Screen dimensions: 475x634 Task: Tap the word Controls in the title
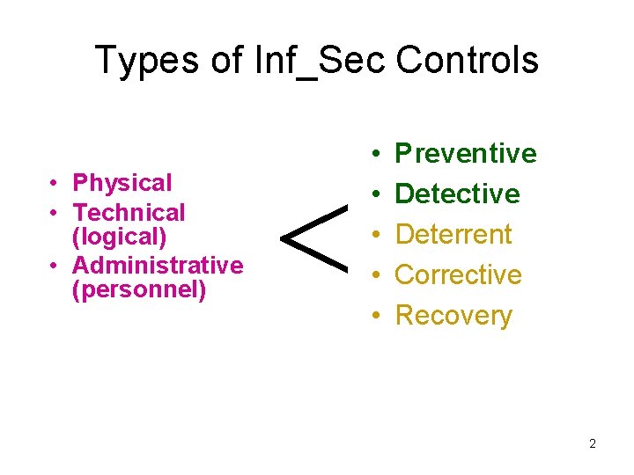[467, 61]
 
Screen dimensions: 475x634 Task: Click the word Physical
[122, 183]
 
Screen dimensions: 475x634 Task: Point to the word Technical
[129, 212]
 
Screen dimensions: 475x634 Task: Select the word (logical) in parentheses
[119, 237]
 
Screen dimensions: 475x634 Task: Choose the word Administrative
[158, 265]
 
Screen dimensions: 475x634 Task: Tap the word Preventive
[466, 154]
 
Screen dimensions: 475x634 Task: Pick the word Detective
[458, 194]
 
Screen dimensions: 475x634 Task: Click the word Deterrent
[453, 234]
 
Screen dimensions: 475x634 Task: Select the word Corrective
[458, 274]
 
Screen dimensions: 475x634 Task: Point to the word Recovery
[453, 315]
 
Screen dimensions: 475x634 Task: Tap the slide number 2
[592, 443]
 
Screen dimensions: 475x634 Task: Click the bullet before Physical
[55, 184]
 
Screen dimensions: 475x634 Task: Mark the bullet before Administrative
[55, 266]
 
